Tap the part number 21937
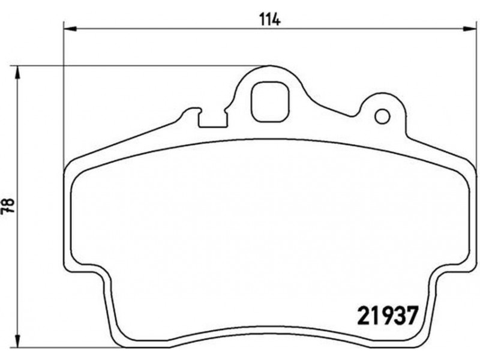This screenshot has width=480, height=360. tap(387, 316)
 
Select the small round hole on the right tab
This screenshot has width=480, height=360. tap(382, 116)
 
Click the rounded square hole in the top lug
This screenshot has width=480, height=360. tap(270, 102)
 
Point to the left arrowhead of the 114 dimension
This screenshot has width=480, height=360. tap(70, 29)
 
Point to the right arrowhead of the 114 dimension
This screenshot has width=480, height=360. tap(469, 29)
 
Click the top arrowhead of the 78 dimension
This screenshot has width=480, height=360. tap(18, 73)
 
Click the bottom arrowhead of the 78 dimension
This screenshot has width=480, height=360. tap(18, 340)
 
